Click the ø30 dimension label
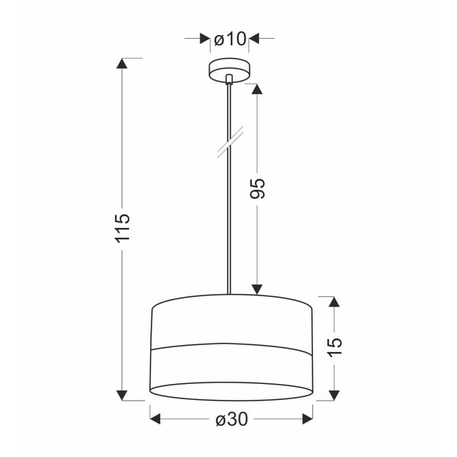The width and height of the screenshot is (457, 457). point(231,418)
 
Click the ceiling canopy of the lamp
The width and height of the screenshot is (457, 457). point(229,68)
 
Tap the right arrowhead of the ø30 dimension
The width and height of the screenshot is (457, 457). point(308,418)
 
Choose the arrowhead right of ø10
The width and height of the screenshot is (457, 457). point(254,39)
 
